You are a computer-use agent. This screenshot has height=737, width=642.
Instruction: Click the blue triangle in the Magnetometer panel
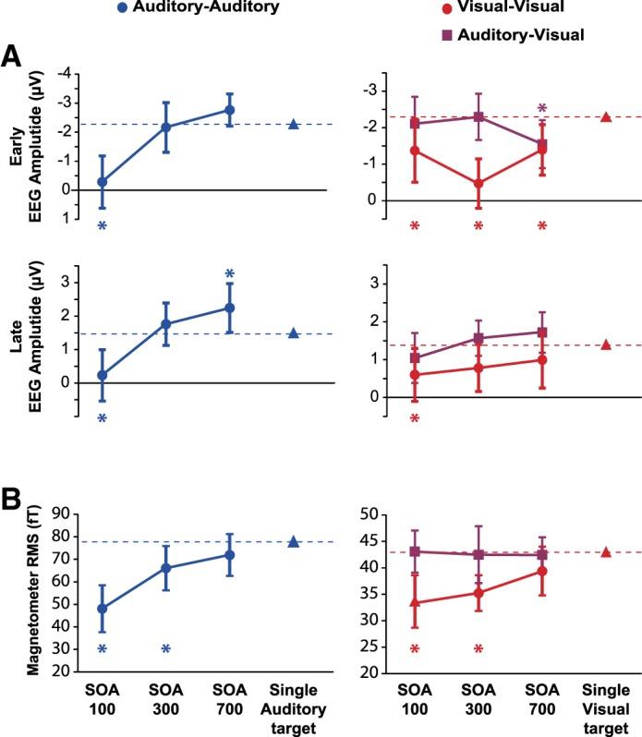click(x=294, y=542)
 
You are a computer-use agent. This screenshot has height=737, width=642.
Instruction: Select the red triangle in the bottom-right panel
click(x=606, y=552)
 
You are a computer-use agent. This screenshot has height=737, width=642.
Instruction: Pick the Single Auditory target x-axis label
click(x=294, y=707)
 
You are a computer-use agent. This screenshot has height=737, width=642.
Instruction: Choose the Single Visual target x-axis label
click(x=606, y=707)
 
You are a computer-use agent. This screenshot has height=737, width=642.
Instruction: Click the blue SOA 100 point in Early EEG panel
click(x=102, y=182)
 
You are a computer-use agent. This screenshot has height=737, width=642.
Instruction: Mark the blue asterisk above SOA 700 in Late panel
click(x=230, y=274)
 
